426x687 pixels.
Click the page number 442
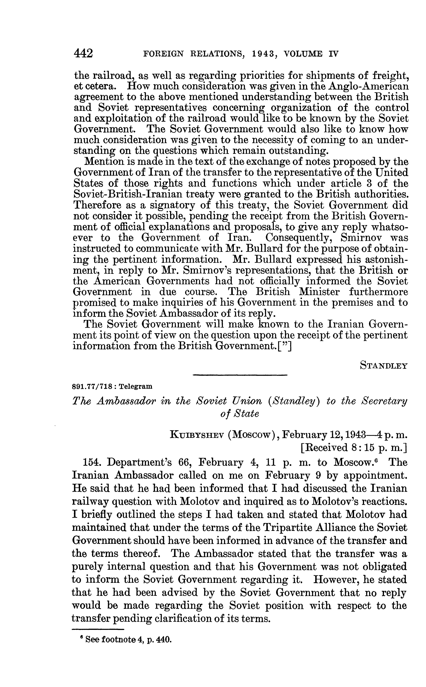tap(83, 53)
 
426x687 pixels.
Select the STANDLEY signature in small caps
tap(384, 366)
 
